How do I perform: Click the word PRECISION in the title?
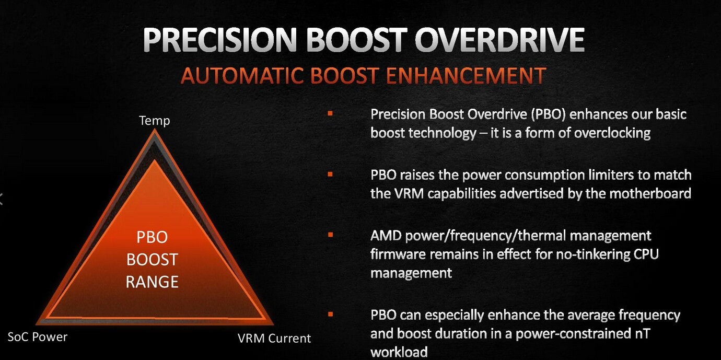219,40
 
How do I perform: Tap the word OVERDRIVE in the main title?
499,40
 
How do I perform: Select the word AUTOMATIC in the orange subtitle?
242,76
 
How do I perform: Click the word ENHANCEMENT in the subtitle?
466,76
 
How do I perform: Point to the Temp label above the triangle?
155,121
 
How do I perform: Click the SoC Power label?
37,337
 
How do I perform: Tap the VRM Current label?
274,339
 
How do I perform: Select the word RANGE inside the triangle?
152,282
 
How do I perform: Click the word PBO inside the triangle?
152,237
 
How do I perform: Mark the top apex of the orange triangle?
155,130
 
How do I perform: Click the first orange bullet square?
330,113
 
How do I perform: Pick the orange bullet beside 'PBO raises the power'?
330,174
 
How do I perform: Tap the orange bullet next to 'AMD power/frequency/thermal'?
330,235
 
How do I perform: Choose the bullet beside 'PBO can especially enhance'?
330,314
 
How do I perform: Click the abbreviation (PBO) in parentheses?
548,114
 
